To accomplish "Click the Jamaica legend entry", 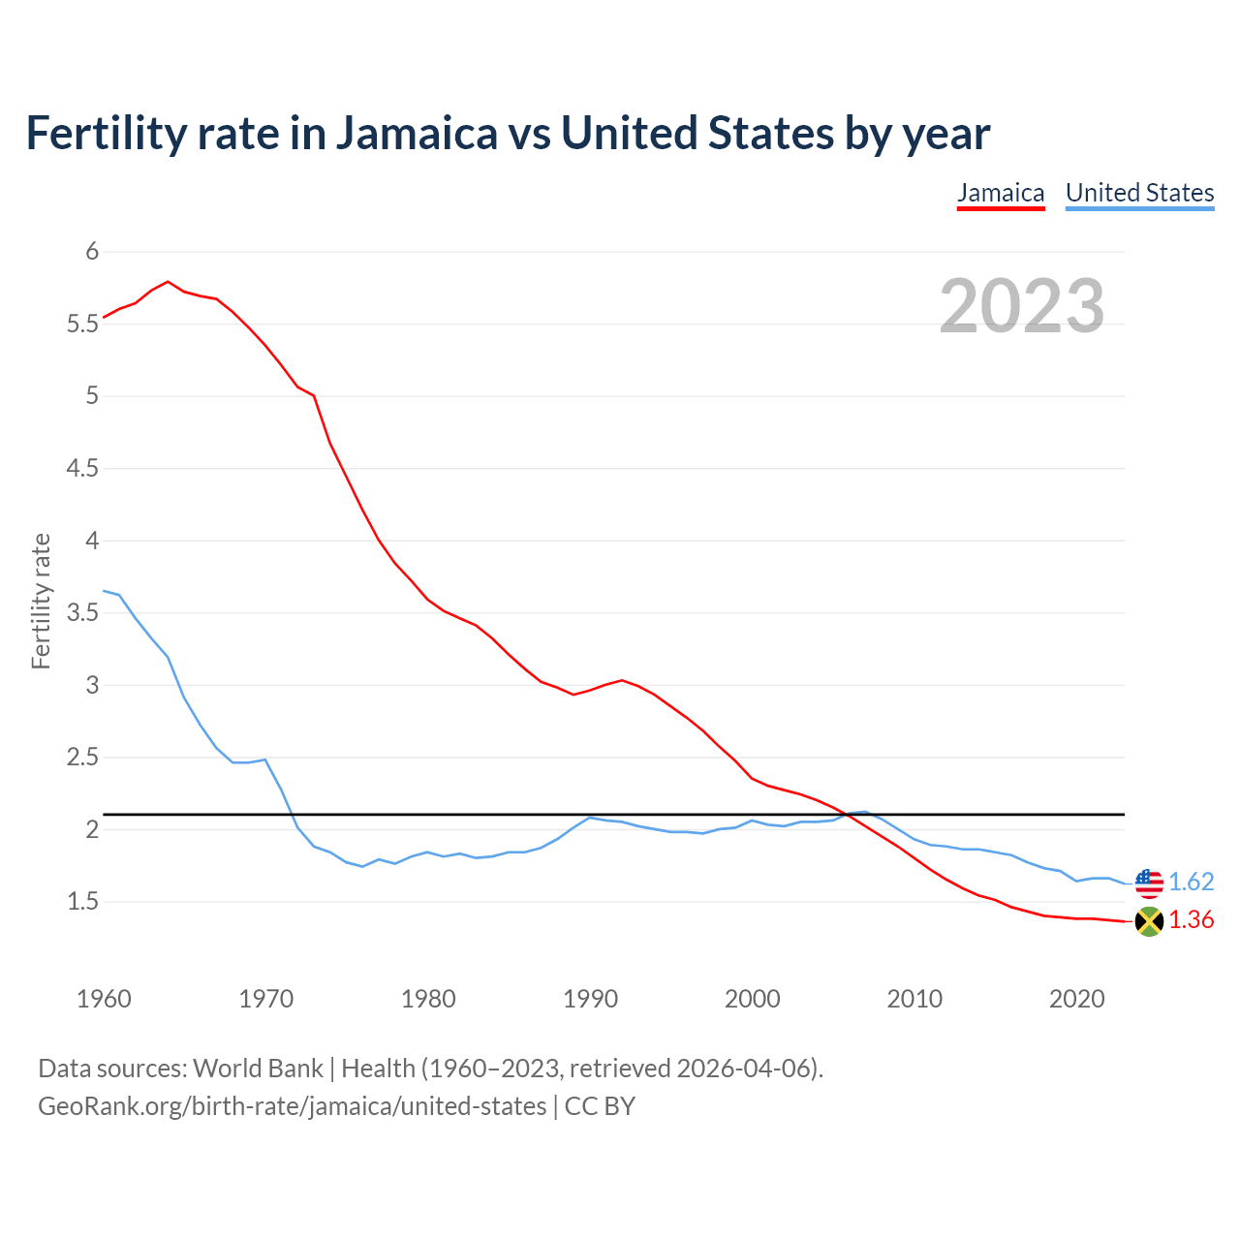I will point(1001,193).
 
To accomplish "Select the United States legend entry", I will point(1139,193).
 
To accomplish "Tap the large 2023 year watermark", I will point(1022,306).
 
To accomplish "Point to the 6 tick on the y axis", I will point(93,252).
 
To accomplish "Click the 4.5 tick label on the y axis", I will point(83,469).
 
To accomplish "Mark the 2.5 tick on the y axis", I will point(83,758).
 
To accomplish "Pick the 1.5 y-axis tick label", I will point(83,902).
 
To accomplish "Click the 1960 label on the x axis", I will point(104,999).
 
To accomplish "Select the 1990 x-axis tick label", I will point(590,999).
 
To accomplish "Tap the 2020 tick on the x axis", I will point(1076,999).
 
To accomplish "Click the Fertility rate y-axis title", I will point(41,601).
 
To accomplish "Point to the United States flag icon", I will point(1149,883).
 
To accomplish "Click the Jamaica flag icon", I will point(1149,921).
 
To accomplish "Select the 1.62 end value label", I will point(1191,882).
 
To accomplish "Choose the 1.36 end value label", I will point(1191,920).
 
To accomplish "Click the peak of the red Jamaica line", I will point(168,282).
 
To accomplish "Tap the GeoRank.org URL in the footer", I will point(292,1106).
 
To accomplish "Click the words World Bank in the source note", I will point(258,1069).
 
